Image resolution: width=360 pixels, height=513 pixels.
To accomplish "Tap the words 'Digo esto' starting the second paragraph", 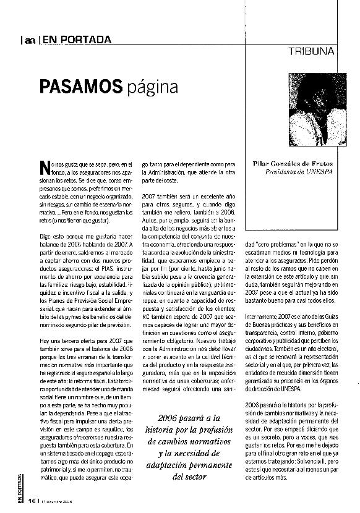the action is click(x=50, y=236).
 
